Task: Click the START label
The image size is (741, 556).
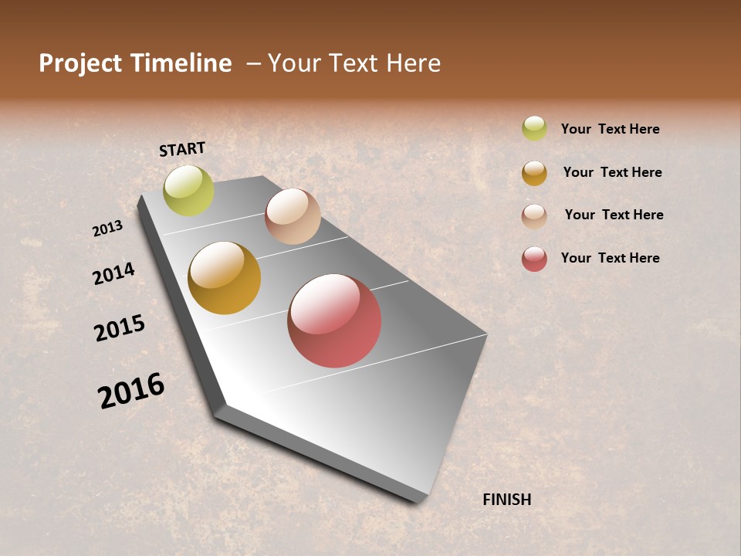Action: (182, 150)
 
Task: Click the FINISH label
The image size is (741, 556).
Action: (507, 500)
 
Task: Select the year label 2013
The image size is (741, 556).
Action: (107, 229)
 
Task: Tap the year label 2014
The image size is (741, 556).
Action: (113, 273)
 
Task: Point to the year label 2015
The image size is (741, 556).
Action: (120, 328)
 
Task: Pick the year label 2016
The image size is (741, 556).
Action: (131, 391)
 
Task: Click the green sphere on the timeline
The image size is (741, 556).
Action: (189, 191)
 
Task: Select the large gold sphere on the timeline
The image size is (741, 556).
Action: (225, 278)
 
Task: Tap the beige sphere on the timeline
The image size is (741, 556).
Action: (293, 216)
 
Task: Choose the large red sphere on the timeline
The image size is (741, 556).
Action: (334, 320)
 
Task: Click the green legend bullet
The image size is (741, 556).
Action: (534, 128)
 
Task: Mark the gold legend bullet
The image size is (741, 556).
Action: (534, 173)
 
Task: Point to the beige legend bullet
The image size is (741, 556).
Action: (534, 216)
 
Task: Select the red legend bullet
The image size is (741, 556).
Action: (534, 259)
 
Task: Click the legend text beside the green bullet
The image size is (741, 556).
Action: (610, 129)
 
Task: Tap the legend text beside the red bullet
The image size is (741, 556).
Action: (610, 258)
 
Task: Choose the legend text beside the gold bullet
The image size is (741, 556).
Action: (612, 172)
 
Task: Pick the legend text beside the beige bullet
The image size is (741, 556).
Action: (614, 215)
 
